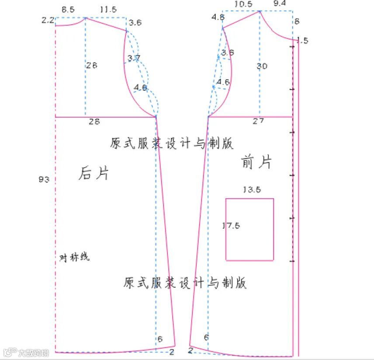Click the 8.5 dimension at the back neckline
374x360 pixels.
click(68, 8)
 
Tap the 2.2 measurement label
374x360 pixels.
click(47, 20)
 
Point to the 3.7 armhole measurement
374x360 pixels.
click(134, 58)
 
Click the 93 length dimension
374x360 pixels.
click(44, 179)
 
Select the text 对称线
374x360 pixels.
click(74, 257)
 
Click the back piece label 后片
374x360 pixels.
click(93, 173)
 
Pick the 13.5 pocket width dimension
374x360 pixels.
click(252, 190)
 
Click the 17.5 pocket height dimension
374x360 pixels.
click(231, 226)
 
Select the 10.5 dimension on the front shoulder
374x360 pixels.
click(243, 4)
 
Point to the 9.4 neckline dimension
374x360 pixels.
click(280, 4)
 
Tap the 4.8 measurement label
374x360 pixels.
click(218, 17)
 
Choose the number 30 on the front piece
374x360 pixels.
click(262, 66)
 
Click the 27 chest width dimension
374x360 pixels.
click(258, 121)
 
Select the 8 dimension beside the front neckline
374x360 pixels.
click(297, 21)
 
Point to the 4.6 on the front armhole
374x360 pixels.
click(223, 82)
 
